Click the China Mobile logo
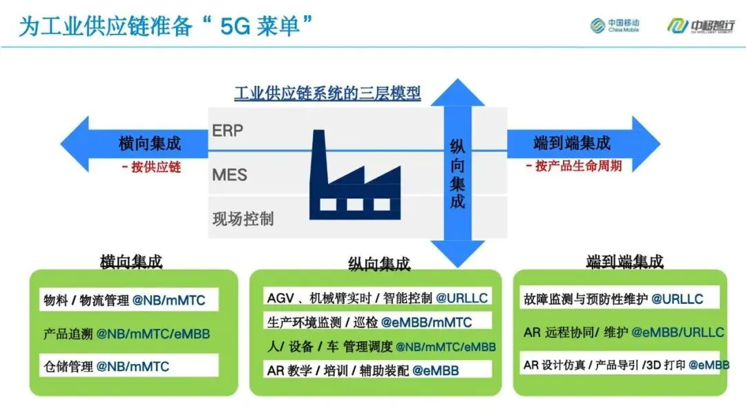click(x=614, y=26)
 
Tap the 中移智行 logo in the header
click(x=699, y=26)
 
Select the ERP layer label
click(x=227, y=131)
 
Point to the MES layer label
click(x=229, y=174)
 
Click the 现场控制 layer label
click(x=243, y=218)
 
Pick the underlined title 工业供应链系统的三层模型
click(x=327, y=93)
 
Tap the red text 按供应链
click(x=151, y=166)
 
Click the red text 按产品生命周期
click(x=573, y=166)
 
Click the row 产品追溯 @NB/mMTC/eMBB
click(x=126, y=333)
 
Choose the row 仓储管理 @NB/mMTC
click(x=106, y=365)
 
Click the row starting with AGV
click(x=378, y=298)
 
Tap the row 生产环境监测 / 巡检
click(x=370, y=322)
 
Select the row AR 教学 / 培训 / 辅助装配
click(x=363, y=370)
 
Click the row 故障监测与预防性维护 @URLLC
click(x=613, y=300)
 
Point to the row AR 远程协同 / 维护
click(x=624, y=332)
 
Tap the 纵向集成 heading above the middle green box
click(x=379, y=263)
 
